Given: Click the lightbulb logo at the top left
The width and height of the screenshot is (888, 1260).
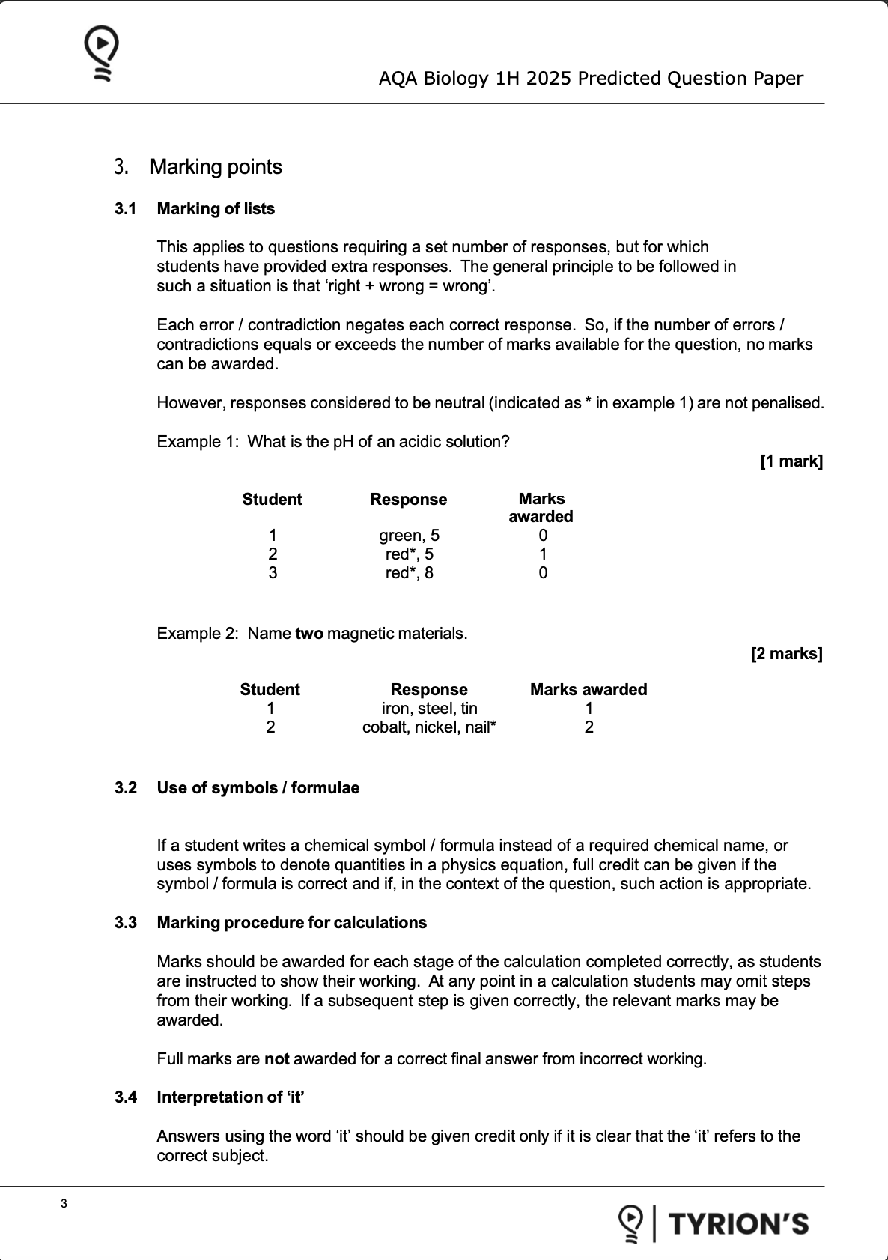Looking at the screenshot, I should click(101, 52).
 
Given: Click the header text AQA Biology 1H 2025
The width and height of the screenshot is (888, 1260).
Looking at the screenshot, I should click(590, 79).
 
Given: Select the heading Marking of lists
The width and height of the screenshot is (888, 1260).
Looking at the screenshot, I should click(216, 209).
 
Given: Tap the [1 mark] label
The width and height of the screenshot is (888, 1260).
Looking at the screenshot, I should click(791, 461).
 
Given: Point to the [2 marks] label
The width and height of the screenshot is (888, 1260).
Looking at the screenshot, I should click(786, 654).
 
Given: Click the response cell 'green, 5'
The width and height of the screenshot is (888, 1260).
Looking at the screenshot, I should click(409, 536).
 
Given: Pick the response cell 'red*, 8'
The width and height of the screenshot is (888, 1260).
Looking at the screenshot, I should click(409, 573).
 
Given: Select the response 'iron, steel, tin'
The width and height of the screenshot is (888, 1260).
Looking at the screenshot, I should click(429, 709).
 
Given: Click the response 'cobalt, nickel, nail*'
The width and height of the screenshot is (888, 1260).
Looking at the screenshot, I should click(429, 727).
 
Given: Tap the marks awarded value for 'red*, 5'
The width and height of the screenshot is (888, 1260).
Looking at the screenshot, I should click(543, 554).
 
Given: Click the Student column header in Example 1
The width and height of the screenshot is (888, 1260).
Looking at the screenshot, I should click(272, 500).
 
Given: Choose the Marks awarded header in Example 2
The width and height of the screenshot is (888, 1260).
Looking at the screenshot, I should click(589, 690).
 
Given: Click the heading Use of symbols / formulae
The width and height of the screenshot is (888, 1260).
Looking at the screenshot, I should click(258, 788).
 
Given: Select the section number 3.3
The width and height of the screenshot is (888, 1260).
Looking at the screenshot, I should click(126, 923).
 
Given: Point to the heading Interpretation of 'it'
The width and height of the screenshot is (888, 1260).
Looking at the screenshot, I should click(231, 1097).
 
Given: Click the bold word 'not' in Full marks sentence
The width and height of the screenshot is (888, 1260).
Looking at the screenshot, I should click(277, 1059).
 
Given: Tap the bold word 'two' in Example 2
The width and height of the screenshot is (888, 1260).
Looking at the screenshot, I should click(309, 634).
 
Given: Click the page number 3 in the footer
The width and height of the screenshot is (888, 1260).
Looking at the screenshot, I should click(64, 1204).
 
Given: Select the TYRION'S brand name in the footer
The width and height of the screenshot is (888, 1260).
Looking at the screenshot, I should click(738, 1224).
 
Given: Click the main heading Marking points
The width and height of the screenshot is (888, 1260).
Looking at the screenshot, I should click(216, 167).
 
